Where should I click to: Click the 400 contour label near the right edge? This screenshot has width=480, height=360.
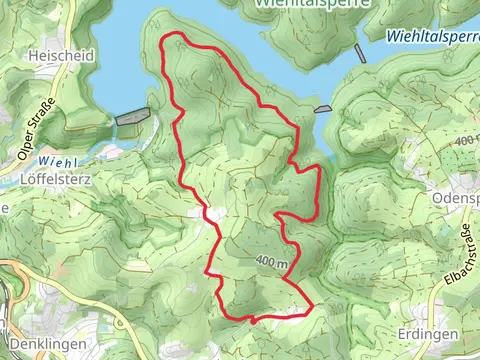(x=465, y=142)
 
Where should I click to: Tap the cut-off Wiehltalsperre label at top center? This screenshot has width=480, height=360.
(x=312, y=4)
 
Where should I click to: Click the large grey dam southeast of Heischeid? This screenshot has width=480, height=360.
(x=131, y=118)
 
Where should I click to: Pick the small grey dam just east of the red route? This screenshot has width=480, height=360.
(x=322, y=109)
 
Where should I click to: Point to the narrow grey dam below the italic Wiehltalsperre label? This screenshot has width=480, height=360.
(x=360, y=53)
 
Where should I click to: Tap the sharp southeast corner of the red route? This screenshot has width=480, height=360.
(x=312, y=306)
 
